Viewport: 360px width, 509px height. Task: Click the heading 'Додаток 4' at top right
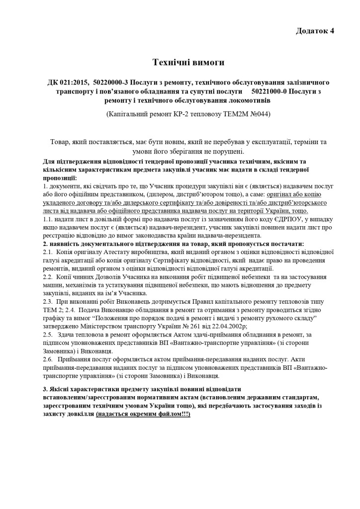315,31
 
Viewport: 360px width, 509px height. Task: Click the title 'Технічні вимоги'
188,63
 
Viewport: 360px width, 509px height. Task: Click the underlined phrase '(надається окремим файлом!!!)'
143,414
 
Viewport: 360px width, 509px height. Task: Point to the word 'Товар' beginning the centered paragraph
60,142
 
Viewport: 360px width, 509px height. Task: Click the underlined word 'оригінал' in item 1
280,194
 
